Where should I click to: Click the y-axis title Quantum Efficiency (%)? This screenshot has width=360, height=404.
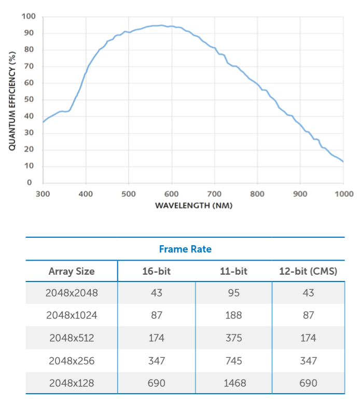coord(12,100)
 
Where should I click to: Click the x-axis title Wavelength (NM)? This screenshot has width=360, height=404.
coord(193,206)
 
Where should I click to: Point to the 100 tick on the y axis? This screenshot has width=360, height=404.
coord(29,17)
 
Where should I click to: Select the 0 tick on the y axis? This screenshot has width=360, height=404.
coord(32,183)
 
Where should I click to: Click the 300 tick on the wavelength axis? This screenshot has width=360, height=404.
coord(43,194)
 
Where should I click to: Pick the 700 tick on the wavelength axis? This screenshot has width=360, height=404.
coord(215,194)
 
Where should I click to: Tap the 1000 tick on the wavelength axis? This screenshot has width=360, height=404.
coord(343,194)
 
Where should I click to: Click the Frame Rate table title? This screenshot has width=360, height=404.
coord(185,249)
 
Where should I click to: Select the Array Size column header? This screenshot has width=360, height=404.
coord(72,271)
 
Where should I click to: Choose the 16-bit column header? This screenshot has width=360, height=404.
coord(156,271)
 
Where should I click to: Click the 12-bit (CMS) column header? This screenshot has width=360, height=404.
coord(308,271)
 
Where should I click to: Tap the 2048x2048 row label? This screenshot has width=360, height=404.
coord(72,293)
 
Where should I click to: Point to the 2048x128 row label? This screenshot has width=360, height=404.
coord(72,383)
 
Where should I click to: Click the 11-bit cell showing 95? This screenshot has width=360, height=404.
coord(234,293)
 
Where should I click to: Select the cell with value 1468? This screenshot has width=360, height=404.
coord(234,383)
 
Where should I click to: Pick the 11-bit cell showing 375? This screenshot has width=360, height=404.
coord(234,338)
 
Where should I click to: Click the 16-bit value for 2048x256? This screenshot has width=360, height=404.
coord(156,360)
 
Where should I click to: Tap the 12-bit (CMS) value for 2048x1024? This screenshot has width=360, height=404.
coord(308,315)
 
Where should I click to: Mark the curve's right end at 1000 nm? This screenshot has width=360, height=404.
coord(343,161)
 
